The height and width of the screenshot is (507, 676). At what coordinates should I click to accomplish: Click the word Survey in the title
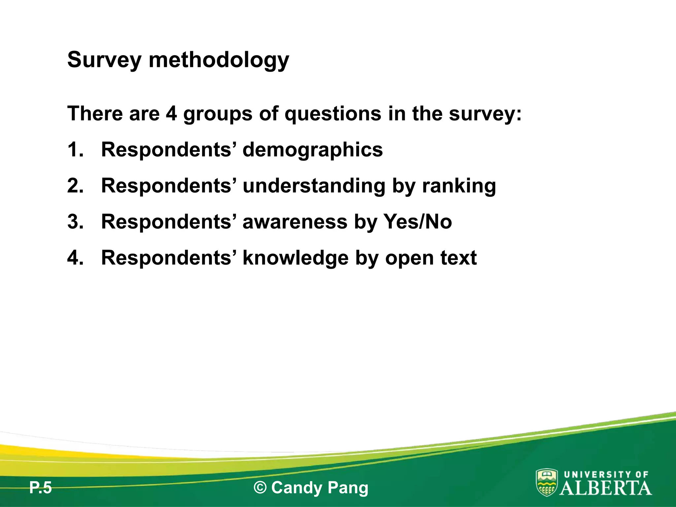coord(104,60)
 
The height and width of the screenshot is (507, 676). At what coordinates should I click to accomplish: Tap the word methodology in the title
coord(219,60)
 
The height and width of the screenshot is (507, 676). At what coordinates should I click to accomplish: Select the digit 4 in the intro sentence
coord(172,114)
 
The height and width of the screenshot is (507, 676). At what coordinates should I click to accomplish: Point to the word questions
coord(332,114)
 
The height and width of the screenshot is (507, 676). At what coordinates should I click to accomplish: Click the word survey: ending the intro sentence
coord(485,114)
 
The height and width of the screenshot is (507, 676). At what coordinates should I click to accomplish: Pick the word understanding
coord(314,186)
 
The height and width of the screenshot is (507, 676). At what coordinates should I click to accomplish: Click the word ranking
coord(459,186)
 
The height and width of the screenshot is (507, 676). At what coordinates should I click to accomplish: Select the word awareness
coord(295,221)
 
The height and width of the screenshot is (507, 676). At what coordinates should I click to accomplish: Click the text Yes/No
coord(418,221)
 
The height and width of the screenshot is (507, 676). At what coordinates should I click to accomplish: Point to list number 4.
coord(75,257)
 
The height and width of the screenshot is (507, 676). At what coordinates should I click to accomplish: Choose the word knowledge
coord(295,258)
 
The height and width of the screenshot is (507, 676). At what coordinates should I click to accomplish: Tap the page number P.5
coord(41,488)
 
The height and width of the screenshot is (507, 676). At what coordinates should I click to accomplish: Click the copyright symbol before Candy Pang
coord(260,488)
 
